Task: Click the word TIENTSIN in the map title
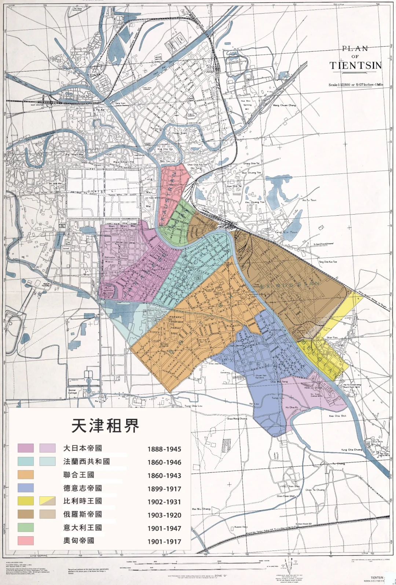pos(355,66)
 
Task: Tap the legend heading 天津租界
pos(105,425)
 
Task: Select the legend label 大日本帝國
pos(82,448)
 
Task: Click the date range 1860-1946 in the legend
pos(164,462)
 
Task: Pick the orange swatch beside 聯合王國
pos(25,475)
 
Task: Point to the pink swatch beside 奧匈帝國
pos(25,541)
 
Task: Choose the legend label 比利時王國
pos(82,501)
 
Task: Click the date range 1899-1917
pos(164,489)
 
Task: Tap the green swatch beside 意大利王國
pos(25,527)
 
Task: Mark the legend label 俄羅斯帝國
pos(82,514)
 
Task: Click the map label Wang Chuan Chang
pos(284,105)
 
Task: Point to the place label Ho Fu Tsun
pos(309,200)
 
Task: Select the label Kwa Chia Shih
pos(337,416)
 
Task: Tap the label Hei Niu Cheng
pos(201,509)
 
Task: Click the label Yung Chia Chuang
pos(352,450)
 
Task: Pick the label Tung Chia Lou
pos(193,406)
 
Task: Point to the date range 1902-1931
pos(164,502)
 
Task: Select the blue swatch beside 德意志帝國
pos(25,488)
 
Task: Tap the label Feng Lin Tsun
pos(287,232)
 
